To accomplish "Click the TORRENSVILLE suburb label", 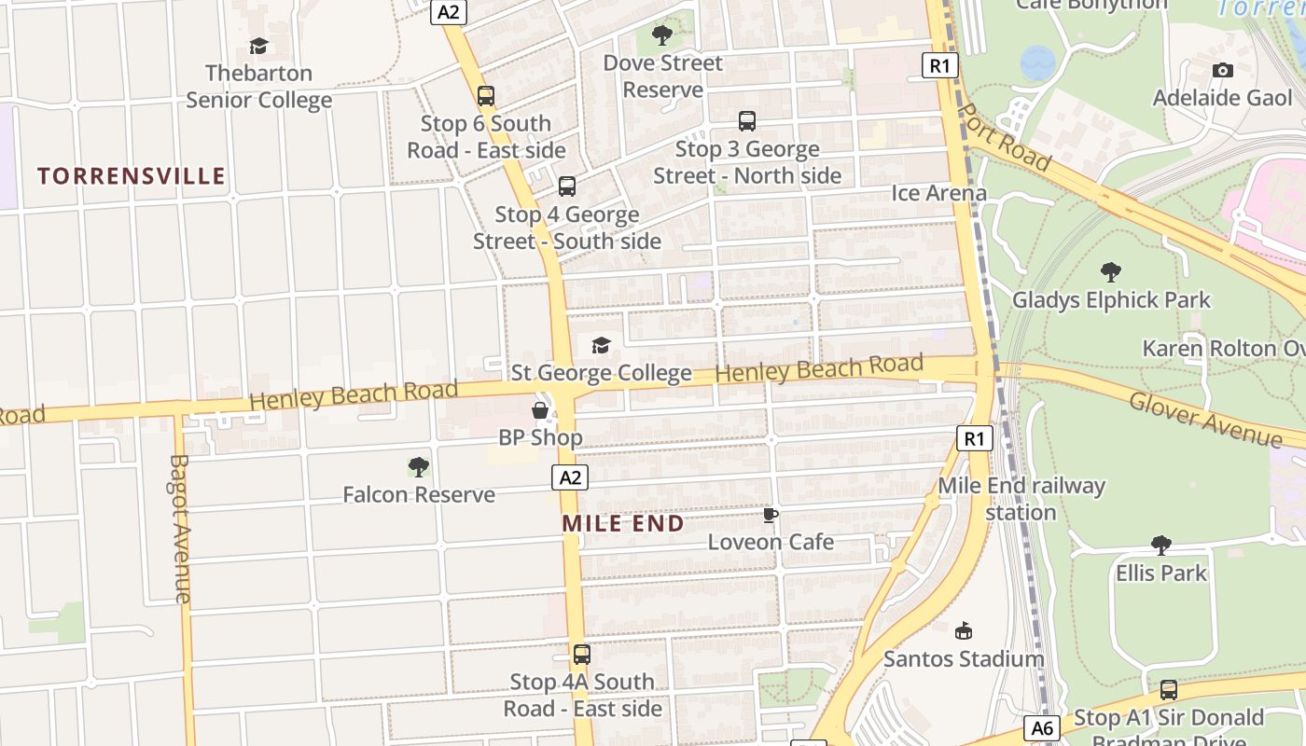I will (132, 176).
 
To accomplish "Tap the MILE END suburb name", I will (623, 523).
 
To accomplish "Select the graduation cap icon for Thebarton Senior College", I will (258, 46).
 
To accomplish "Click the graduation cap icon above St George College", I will (601, 345).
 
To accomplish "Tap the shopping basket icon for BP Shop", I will (540, 409).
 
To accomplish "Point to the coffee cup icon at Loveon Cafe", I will (771, 515).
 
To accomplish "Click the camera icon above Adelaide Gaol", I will (1222, 70).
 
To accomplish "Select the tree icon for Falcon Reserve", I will (419, 466).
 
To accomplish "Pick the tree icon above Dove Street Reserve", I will (662, 35).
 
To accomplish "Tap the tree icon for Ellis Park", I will (1161, 545).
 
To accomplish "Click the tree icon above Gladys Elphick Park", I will (1110, 272).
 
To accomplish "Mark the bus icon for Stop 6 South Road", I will (486, 95).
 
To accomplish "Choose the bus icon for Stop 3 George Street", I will (747, 120).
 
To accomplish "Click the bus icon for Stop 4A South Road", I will (582, 654).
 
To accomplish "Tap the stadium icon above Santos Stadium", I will (964, 631).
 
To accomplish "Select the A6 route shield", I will (1041, 727).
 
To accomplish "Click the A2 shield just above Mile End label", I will (570, 477).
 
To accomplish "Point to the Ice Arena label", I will (938, 193).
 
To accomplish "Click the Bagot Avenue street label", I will (181, 528).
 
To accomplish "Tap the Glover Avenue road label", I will (1204, 420).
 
